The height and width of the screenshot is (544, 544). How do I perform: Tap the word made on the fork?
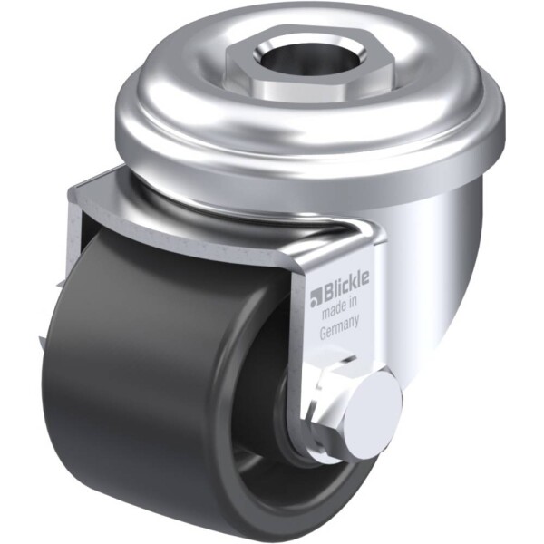click(x=332, y=312)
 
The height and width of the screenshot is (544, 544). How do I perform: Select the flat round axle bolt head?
click(x=377, y=410)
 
